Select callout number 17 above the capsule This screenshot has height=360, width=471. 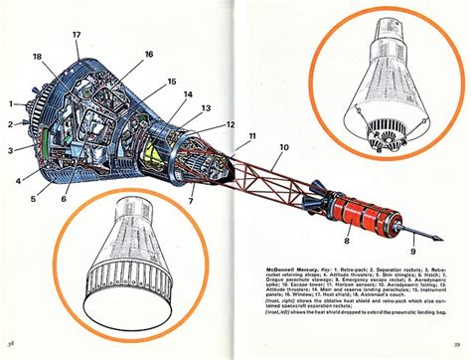point(75,34)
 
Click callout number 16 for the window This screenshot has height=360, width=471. point(148,54)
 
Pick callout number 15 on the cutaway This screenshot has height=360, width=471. point(171,81)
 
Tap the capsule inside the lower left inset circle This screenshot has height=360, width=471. point(123,257)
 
